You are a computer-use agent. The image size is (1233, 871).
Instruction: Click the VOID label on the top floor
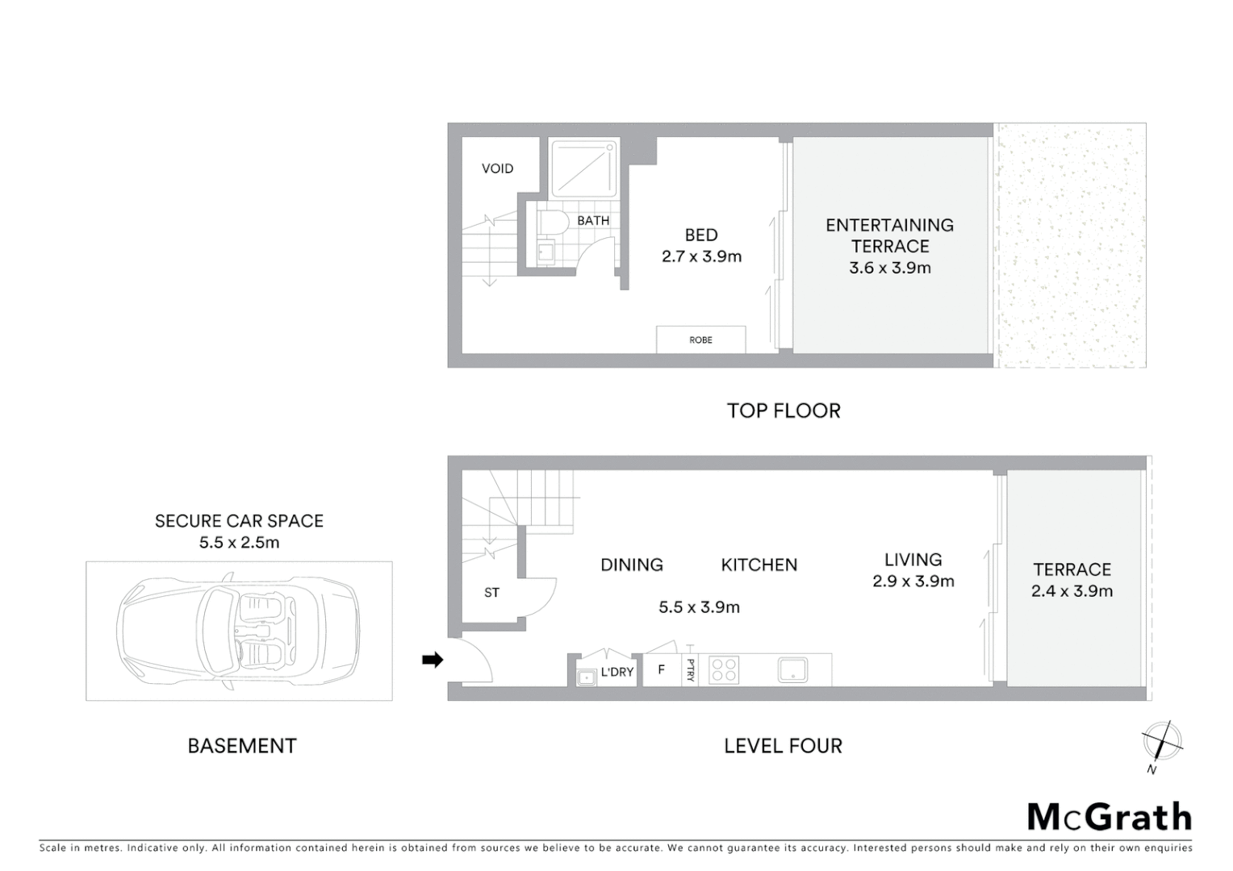[497, 169]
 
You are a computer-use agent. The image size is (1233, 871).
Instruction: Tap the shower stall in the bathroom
[583, 169]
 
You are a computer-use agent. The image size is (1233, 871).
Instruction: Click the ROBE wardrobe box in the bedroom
[700, 340]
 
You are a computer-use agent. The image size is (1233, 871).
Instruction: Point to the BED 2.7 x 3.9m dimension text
[701, 256]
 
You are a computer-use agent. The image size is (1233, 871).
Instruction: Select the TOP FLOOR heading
[784, 410]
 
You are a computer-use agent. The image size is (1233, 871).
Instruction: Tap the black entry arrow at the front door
[433, 661]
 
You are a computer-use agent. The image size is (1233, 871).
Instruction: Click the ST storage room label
[491, 593]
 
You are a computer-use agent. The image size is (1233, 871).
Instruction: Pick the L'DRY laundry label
[617, 672]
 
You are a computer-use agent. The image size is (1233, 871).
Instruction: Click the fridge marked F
[662, 669]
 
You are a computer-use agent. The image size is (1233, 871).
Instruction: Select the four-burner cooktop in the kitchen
[723, 670]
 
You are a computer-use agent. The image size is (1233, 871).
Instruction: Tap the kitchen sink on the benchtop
[792, 670]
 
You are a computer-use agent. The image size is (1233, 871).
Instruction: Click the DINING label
[632, 565]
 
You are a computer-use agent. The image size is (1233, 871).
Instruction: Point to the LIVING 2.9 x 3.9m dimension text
[913, 581]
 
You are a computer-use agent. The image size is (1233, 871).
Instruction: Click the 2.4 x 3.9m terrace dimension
[1072, 591]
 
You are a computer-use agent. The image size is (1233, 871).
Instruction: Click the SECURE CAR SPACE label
[239, 521]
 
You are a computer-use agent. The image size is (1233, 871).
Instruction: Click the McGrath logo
[1110, 817]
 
